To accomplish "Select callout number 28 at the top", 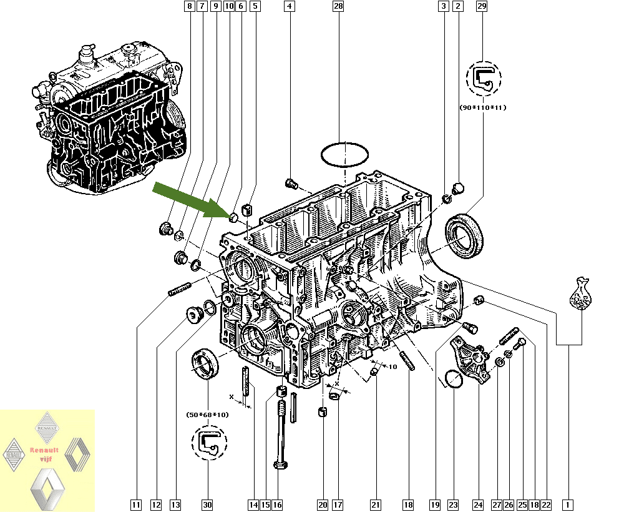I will pyautogui.click(x=338, y=7).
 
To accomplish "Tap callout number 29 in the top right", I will pyautogui.click(x=481, y=7).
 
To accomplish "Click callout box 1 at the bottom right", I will pyautogui.click(x=568, y=505).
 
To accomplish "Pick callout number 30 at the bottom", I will pyautogui.click(x=207, y=505).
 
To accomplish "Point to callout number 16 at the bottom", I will pyautogui.click(x=277, y=505).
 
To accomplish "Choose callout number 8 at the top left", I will pyautogui.click(x=190, y=7).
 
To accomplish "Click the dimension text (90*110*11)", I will pyautogui.click(x=484, y=107).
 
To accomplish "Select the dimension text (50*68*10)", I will pyautogui.click(x=208, y=415).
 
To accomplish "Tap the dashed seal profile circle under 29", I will pyautogui.click(x=484, y=79).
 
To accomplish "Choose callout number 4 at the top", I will pyautogui.click(x=289, y=7).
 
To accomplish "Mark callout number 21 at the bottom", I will pyautogui.click(x=375, y=505).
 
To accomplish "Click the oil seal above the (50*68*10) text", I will pyautogui.click(x=205, y=363).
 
